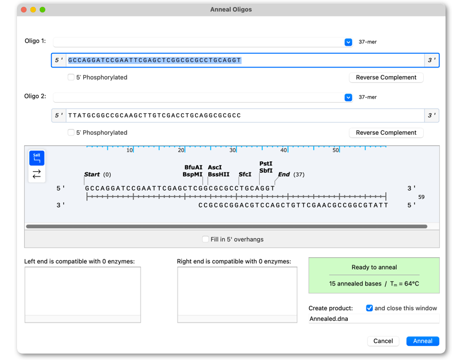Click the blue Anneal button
point(423,341)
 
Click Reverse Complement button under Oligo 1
point(386,77)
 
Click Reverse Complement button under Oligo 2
point(386,133)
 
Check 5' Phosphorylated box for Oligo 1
point(71,77)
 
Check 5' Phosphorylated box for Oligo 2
point(71,133)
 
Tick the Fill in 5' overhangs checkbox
point(205,239)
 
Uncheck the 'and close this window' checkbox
point(369,308)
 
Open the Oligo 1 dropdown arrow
point(348,42)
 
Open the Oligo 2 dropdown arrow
point(348,97)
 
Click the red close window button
point(24,9)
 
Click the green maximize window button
point(42,9)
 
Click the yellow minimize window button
point(33,9)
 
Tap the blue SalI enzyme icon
point(36,158)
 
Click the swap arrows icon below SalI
point(36,174)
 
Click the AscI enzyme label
point(215,167)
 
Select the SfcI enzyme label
point(245,174)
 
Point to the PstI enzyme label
point(266,164)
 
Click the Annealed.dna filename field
point(373,319)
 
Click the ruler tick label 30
point(233,150)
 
